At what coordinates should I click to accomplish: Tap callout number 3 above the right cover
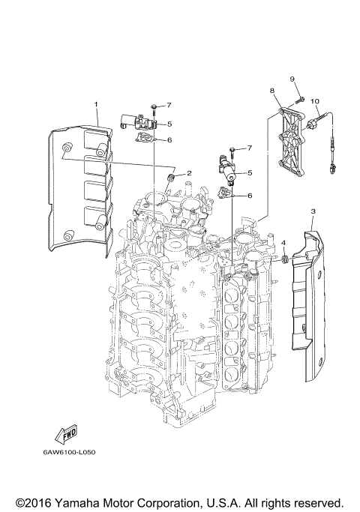point(313,212)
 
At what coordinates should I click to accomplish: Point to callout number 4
point(283,242)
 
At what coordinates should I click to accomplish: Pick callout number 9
point(293,79)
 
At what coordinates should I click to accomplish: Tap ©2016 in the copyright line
point(35,502)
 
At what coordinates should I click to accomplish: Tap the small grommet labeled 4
point(286,259)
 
